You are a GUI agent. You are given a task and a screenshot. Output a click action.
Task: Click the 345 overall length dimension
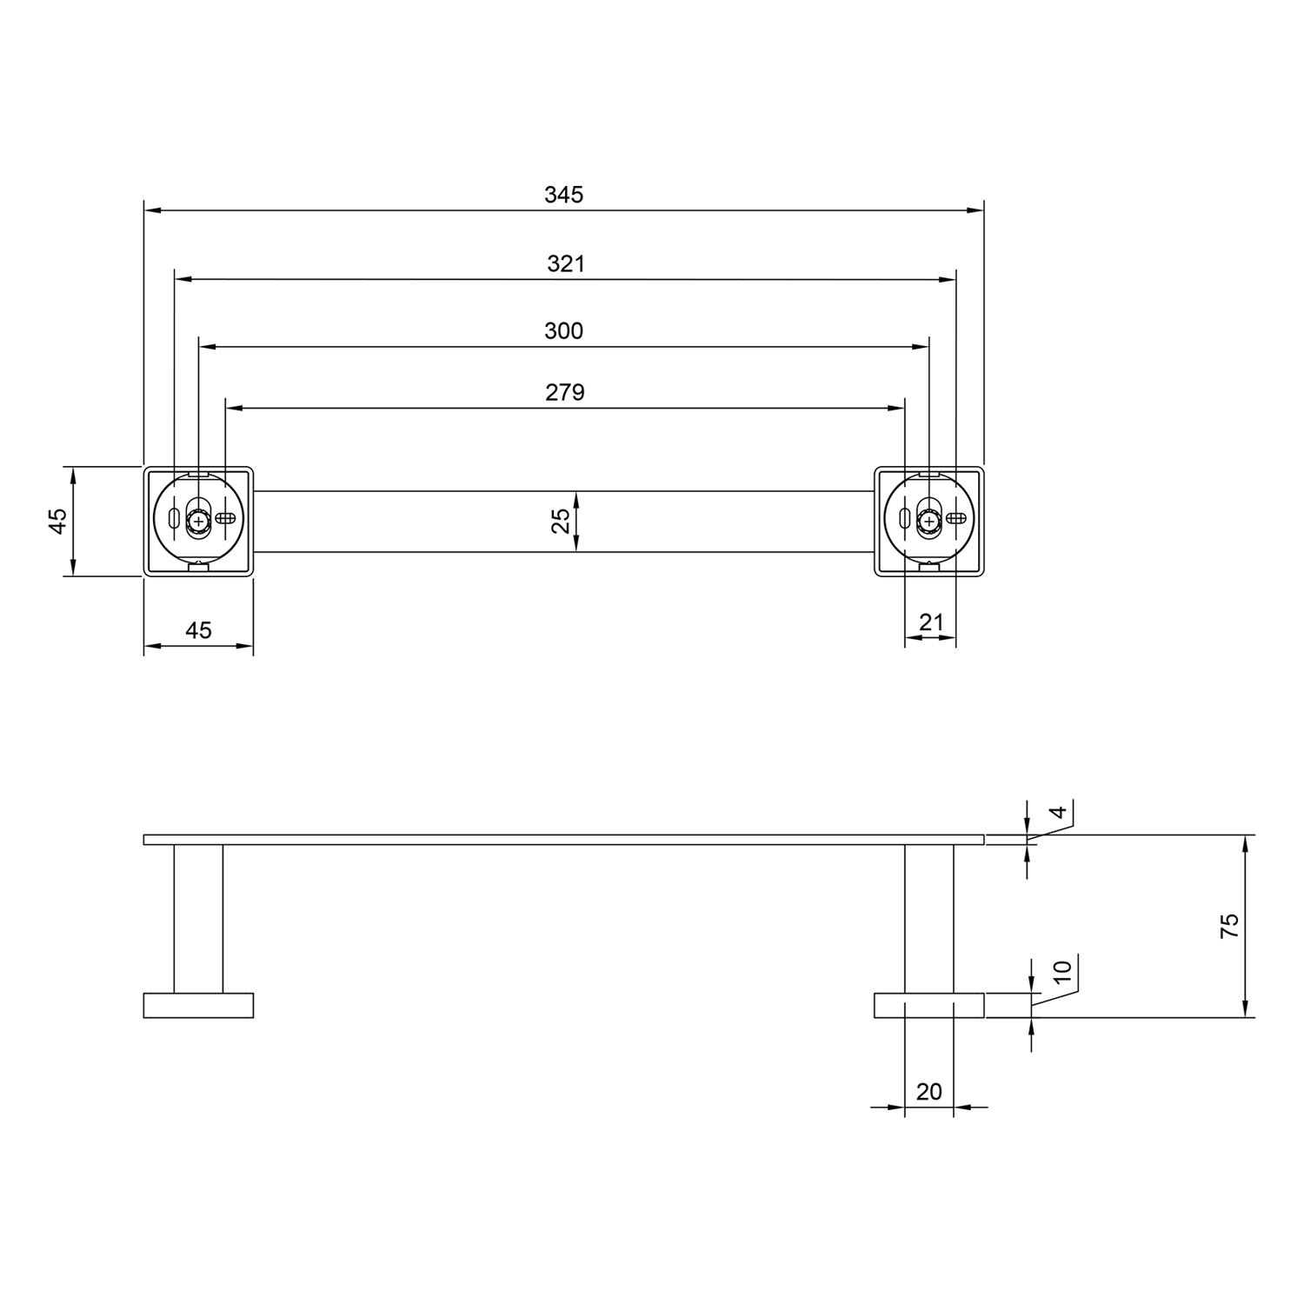click(x=563, y=195)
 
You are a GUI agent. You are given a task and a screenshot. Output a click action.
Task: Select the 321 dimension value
click(x=566, y=263)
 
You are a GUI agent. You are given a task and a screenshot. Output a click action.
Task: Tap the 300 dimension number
click(x=563, y=331)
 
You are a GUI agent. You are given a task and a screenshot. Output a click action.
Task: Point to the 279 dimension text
click(x=565, y=393)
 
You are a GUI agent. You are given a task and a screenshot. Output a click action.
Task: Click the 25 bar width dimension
click(x=562, y=521)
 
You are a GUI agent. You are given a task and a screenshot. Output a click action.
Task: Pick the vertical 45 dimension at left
click(x=57, y=521)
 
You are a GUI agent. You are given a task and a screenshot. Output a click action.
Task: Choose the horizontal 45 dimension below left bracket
click(x=198, y=630)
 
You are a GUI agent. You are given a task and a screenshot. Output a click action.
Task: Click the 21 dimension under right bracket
click(x=931, y=622)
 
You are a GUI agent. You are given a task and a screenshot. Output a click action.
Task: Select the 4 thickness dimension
click(x=1058, y=813)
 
